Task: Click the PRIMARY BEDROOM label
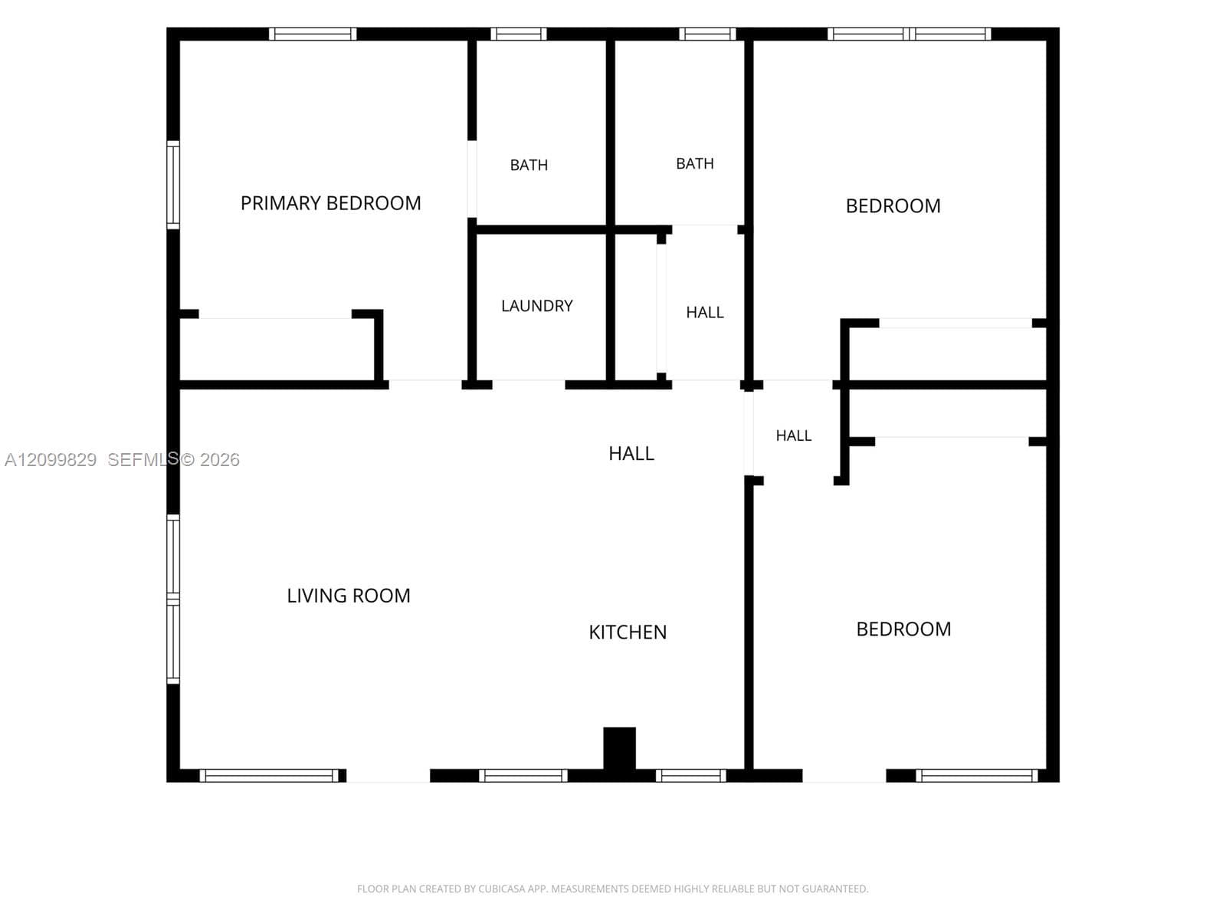pyautogui.click(x=331, y=202)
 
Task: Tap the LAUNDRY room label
pyautogui.click(x=537, y=306)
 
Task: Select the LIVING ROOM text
pyautogui.click(x=349, y=596)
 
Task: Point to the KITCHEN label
pyautogui.click(x=628, y=632)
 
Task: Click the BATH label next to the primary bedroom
pyautogui.click(x=529, y=165)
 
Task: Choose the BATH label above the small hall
pyautogui.click(x=695, y=163)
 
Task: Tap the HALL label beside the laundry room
pyautogui.click(x=705, y=312)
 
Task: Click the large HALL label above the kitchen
pyautogui.click(x=631, y=453)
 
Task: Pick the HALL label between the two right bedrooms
pyautogui.click(x=794, y=435)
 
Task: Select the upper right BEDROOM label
pyautogui.click(x=893, y=205)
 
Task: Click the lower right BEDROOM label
pyautogui.click(x=903, y=629)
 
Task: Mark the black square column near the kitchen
pyautogui.click(x=619, y=748)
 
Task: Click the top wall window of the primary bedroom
pyautogui.click(x=313, y=34)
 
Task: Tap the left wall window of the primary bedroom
pyautogui.click(x=174, y=185)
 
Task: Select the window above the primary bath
pyautogui.click(x=519, y=34)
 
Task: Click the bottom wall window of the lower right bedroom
pyautogui.click(x=977, y=775)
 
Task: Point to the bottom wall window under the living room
pyautogui.click(x=269, y=775)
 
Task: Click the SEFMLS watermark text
pyautogui.click(x=143, y=459)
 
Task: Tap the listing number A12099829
pyautogui.click(x=51, y=460)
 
